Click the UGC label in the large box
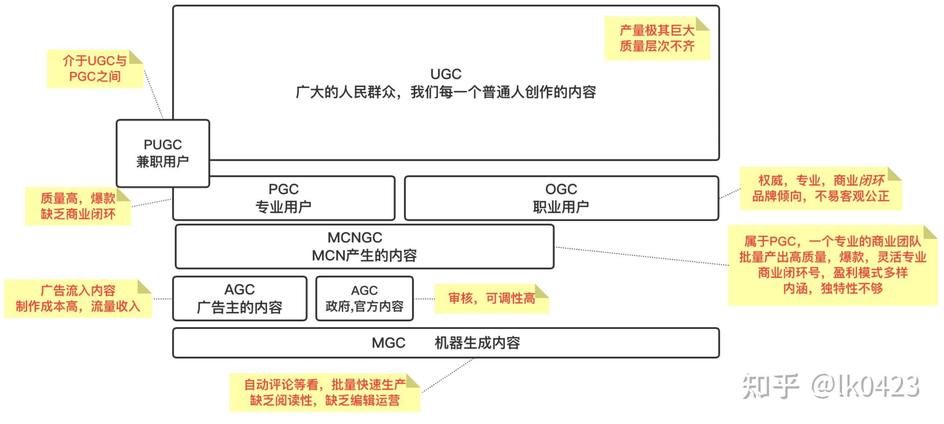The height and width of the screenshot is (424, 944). tap(446, 74)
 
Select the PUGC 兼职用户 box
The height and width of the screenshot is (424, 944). tap(163, 153)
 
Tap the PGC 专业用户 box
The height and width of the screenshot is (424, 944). tap(283, 198)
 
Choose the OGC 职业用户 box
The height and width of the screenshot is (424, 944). tap(561, 198)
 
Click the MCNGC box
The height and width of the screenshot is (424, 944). tap(364, 246)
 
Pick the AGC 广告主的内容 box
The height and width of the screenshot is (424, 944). tap(240, 299)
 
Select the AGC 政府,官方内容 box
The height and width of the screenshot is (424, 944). tap(364, 299)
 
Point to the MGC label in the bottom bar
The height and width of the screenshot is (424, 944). tap(388, 343)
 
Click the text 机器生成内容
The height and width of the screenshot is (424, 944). tap(477, 343)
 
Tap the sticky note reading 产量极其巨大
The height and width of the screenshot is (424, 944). tap(657, 38)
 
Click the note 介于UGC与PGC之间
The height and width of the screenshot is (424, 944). tap(95, 69)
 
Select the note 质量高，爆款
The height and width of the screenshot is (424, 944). tap(78, 206)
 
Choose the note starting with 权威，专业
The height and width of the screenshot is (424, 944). tap(821, 189)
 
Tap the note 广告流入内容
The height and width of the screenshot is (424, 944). tap(78, 299)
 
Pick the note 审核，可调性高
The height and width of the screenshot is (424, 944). tap(491, 299)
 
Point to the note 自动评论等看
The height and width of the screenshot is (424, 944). tap(325, 393)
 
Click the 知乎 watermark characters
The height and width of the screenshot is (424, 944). tap(770, 386)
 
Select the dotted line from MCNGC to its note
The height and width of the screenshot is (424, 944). tap(641, 256)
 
